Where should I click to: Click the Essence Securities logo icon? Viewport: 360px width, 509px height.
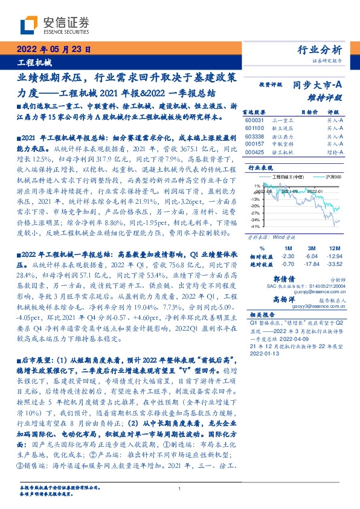pos(29,25)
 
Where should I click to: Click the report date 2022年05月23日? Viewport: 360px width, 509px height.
pos(54,50)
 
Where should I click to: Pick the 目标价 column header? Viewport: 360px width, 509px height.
pos(309,112)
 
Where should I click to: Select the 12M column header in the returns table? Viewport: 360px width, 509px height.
pos(332,248)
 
